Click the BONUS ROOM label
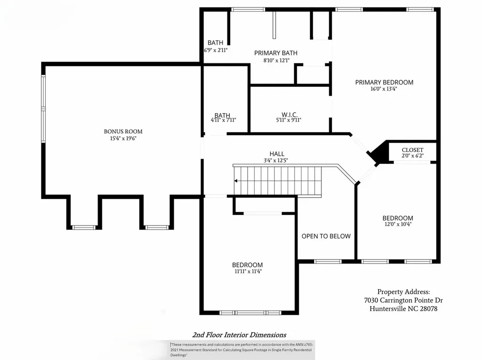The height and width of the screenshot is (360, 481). pyautogui.click(x=123, y=131)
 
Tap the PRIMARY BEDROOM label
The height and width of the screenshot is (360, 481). pyautogui.click(x=384, y=82)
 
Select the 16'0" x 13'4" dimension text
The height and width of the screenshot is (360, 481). pyautogui.click(x=384, y=89)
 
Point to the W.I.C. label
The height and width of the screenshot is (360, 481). pyautogui.click(x=289, y=115)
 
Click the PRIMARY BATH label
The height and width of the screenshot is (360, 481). pyautogui.click(x=276, y=53)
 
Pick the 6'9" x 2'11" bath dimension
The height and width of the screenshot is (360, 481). pyautogui.click(x=216, y=50)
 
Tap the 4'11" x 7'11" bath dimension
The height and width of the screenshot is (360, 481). pyautogui.click(x=223, y=120)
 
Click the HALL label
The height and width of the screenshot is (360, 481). pyautogui.click(x=277, y=154)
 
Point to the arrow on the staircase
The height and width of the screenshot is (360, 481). pyautogui.click(x=236, y=181)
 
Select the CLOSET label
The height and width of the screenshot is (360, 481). pyautogui.click(x=412, y=150)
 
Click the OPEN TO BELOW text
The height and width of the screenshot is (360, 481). pyautogui.click(x=326, y=236)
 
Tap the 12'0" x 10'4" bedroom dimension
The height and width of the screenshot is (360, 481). pyautogui.click(x=397, y=224)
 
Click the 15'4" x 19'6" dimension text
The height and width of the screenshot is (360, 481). pyautogui.click(x=123, y=138)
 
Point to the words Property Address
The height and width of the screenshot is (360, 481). pyautogui.click(x=403, y=292)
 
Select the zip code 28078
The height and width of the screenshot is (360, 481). pyautogui.click(x=428, y=309)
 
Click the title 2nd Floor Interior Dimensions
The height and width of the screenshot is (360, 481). pyautogui.click(x=239, y=335)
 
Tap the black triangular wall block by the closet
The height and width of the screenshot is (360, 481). pyautogui.click(x=378, y=152)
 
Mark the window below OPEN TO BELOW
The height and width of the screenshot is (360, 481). pyautogui.click(x=327, y=261)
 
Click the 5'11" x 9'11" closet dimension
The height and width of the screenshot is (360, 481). pyautogui.click(x=288, y=120)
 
